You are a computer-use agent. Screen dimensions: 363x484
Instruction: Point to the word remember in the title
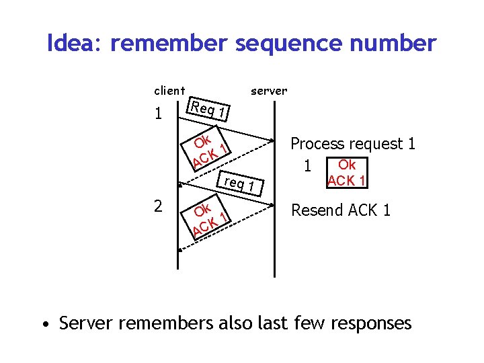click(171, 44)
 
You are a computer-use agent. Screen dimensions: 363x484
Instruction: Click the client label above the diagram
click(169, 90)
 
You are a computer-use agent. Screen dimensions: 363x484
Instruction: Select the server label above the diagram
click(268, 90)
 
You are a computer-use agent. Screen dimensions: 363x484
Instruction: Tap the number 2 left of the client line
click(157, 206)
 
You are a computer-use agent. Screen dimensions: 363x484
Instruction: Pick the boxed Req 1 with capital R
click(209, 108)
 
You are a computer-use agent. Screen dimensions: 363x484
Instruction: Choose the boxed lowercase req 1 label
click(239, 184)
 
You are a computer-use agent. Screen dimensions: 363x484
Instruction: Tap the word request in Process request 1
click(376, 144)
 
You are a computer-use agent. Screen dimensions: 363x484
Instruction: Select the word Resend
click(317, 210)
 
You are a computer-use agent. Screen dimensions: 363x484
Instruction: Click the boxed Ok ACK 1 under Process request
click(346, 173)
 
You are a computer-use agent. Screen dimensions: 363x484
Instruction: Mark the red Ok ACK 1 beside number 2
click(209, 217)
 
